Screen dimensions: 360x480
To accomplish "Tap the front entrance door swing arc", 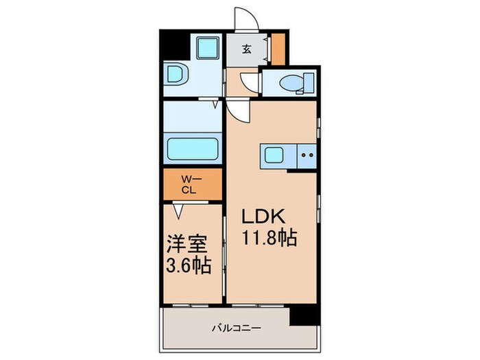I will (x=245, y=19).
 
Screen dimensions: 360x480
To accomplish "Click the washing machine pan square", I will (x=206, y=49).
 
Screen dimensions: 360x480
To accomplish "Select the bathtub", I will (x=193, y=148).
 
